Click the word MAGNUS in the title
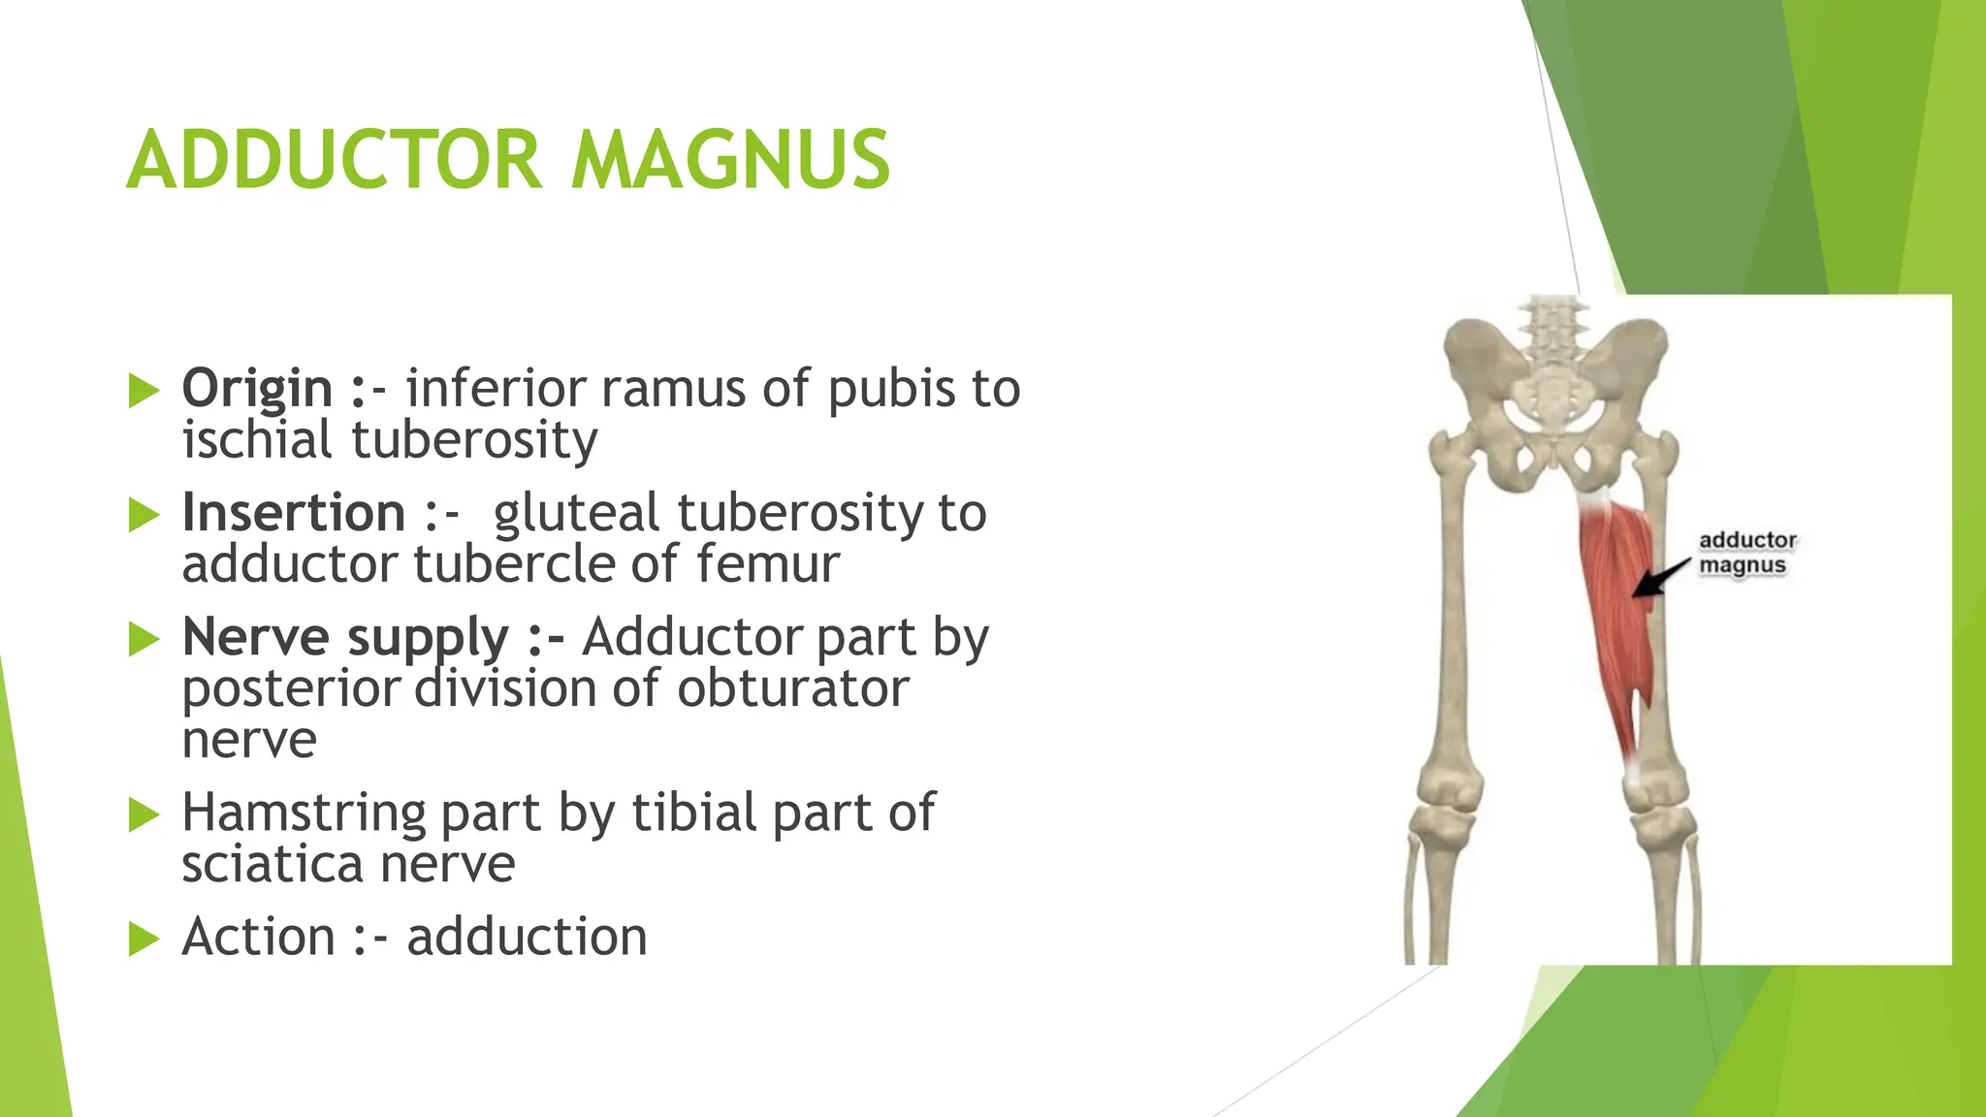[729, 160]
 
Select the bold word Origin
[257, 388]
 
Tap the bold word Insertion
[294, 512]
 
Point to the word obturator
[792, 688]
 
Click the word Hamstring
[304, 812]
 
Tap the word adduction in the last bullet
[527, 937]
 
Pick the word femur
[767, 564]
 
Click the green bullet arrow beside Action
[144, 939]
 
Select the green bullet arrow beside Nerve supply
[144, 639]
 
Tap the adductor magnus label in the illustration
[1746, 553]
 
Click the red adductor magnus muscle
[1612, 621]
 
